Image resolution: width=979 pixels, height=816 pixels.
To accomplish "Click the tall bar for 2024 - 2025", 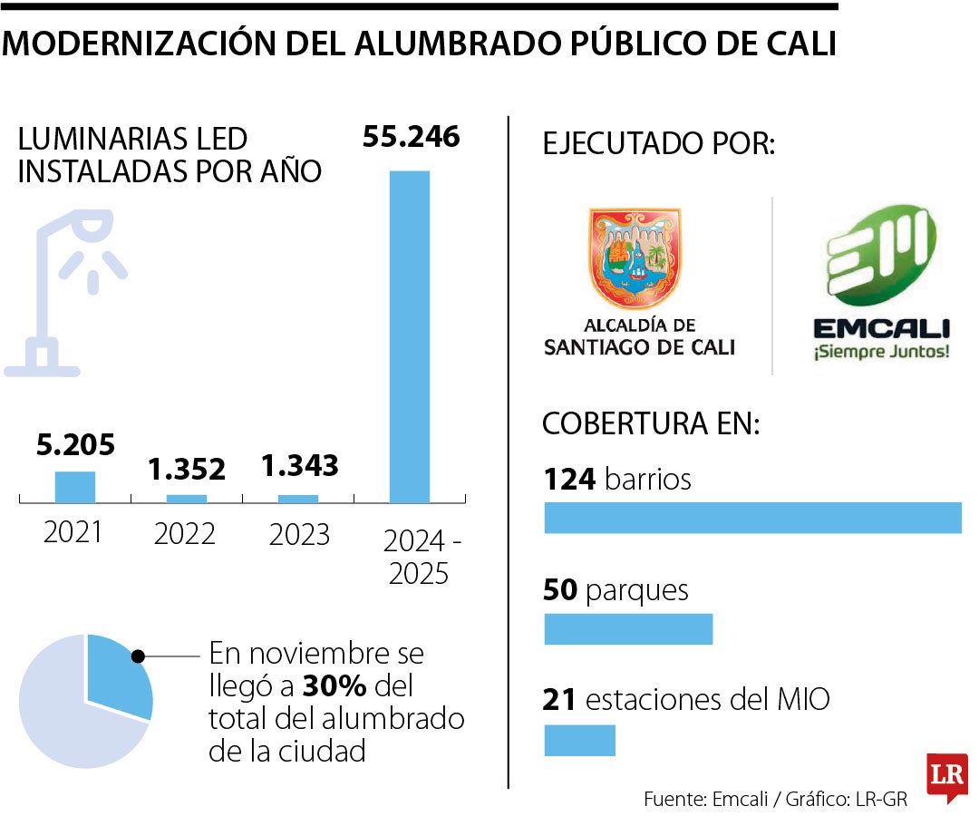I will pyautogui.click(x=410, y=335).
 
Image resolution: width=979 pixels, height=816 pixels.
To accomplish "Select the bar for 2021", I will pyautogui.click(x=74, y=487).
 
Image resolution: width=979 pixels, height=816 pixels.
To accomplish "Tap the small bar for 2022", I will pyautogui.click(x=186, y=498).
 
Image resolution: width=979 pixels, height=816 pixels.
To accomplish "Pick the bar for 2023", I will pyautogui.click(x=298, y=498).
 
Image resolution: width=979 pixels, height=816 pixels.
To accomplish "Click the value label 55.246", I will pyautogui.click(x=411, y=137).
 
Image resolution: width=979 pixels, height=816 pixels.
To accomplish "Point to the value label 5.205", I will pyautogui.click(x=75, y=445).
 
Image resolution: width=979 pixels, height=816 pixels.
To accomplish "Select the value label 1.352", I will pyautogui.click(x=187, y=469).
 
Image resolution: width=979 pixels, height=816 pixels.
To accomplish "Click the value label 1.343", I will pyautogui.click(x=299, y=466).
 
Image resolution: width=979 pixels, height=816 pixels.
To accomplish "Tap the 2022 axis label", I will pyautogui.click(x=185, y=534).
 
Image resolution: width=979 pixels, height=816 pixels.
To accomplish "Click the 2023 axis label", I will pyautogui.click(x=299, y=535).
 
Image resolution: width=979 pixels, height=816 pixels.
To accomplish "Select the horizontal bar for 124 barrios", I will pyautogui.click(x=751, y=517).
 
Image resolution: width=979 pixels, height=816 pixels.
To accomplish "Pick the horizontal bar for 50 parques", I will pyautogui.click(x=628, y=629).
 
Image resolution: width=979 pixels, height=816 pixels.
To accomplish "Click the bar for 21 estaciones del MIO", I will pyautogui.click(x=579, y=740).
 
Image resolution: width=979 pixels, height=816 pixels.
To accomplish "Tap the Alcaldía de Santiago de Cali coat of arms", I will pyautogui.click(x=635, y=257).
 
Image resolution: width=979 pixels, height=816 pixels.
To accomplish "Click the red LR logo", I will pyautogui.click(x=946, y=777).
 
